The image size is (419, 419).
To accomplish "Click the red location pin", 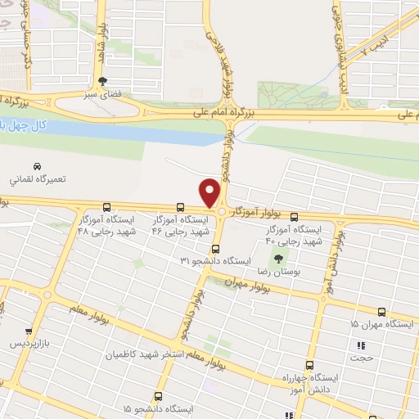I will [x=210, y=192].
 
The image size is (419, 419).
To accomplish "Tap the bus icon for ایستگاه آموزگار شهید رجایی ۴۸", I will [x=107, y=207].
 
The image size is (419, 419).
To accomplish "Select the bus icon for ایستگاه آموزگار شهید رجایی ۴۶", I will [x=179, y=207].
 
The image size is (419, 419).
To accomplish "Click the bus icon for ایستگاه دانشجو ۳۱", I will [x=215, y=249].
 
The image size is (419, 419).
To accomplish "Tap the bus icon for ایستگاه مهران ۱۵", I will [x=381, y=312].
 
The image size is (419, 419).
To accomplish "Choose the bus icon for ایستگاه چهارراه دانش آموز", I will [x=309, y=365].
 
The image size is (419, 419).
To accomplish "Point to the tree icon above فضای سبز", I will [x=102, y=81].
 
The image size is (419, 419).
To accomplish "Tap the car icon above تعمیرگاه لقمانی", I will [x=36, y=166].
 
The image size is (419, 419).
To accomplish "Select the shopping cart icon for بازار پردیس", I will [x=28, y=331].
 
